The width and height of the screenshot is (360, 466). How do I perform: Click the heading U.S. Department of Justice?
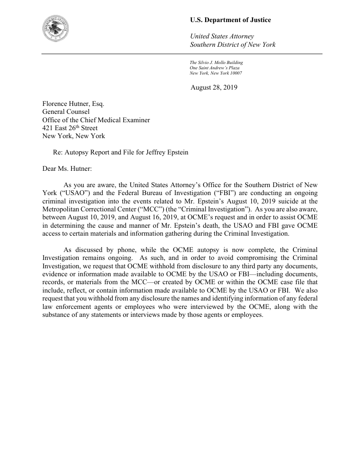(230, 20)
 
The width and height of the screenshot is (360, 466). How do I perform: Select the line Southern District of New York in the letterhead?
(232, 45)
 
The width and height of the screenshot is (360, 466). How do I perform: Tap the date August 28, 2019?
(214, 87)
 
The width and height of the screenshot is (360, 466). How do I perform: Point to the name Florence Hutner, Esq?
(73, 104)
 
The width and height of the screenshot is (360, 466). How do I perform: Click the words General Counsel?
(66, 112)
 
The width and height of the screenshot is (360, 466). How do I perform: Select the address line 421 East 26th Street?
(70, 128)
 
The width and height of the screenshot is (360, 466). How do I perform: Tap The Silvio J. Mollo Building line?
(216, 63)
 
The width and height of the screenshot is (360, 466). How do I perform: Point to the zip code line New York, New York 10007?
(216, 73)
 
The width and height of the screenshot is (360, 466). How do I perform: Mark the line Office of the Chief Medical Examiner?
(96, 120)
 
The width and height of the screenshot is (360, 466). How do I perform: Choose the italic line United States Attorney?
(222, 36)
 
